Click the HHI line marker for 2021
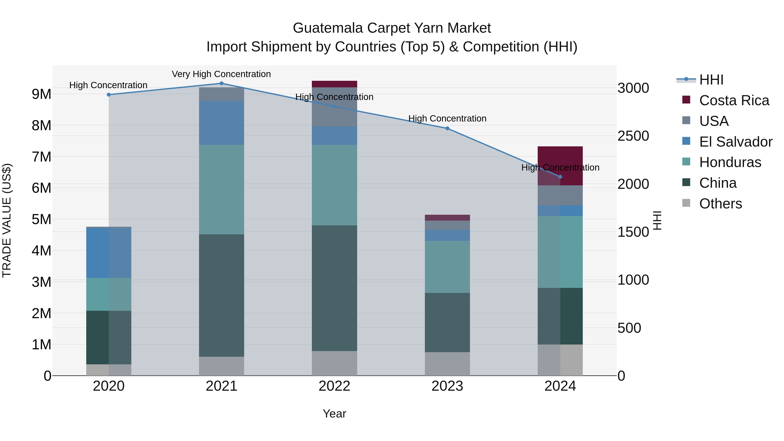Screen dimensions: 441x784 tap(221, 83)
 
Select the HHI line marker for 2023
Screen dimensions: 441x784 tap(447, 128)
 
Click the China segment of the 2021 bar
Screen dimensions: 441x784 tap(221, 295)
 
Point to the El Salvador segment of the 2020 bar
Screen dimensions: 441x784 tap(109, 253)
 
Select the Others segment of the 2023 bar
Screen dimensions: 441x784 tap(447, 364)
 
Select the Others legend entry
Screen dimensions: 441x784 tap(720, 204)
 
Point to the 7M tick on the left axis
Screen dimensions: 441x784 tap(42, 157)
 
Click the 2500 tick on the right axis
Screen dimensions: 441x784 tap(633, 136)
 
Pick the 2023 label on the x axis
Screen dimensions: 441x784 tap(447, 386)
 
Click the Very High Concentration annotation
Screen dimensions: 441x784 tap(221, 74)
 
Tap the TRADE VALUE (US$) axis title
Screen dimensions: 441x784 tap(7, 220)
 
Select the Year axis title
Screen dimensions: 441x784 tap(334, 414)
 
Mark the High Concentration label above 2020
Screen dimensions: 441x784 tap(108, 85)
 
